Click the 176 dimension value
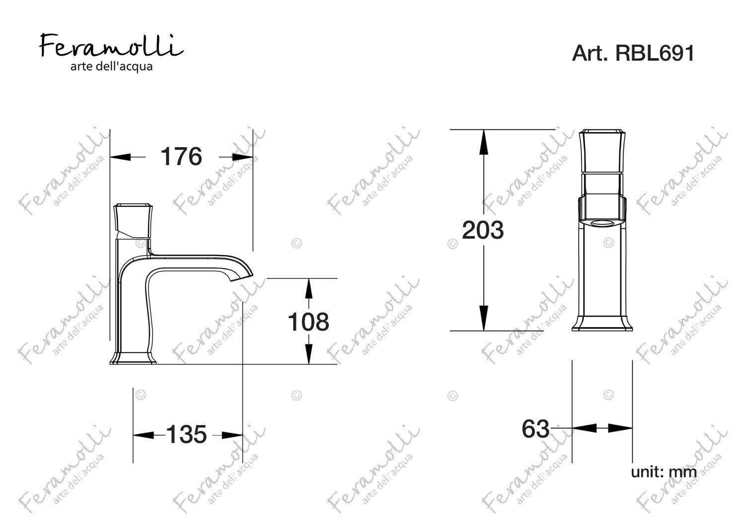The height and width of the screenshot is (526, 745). click(181, 157)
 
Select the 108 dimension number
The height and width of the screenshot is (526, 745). click(308, 322)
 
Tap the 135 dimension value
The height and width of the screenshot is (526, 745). click(186, 435)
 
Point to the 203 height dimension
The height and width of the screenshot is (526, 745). click(483, 230)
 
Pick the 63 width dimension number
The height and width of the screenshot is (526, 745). click(535, 429)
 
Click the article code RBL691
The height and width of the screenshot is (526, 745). click(655, 53)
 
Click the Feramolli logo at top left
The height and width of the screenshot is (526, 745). click(111, 46)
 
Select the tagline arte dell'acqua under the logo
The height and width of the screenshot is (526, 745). click(111, 67)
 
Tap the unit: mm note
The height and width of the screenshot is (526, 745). click(664, 472)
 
